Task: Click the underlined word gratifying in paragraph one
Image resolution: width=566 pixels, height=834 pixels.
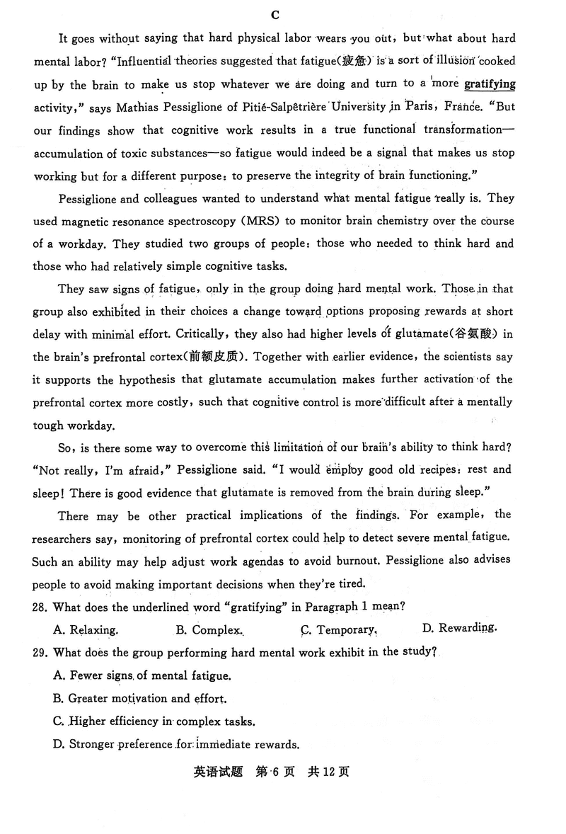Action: click(490, 84)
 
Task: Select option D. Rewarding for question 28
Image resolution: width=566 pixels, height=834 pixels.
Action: click(459, 628)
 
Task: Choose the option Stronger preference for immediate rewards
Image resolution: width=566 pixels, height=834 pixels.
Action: click(176, 744)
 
